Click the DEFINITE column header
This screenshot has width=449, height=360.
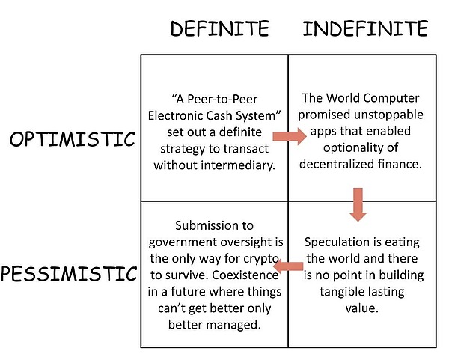click(219, 29)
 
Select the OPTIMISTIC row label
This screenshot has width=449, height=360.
click(73, 139)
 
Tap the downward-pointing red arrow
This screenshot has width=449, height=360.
click(358, 204)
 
